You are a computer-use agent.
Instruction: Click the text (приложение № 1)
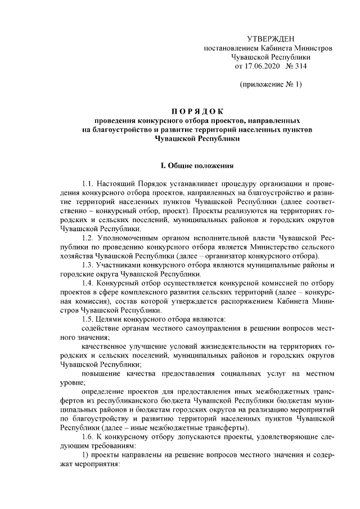coord(271,85)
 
